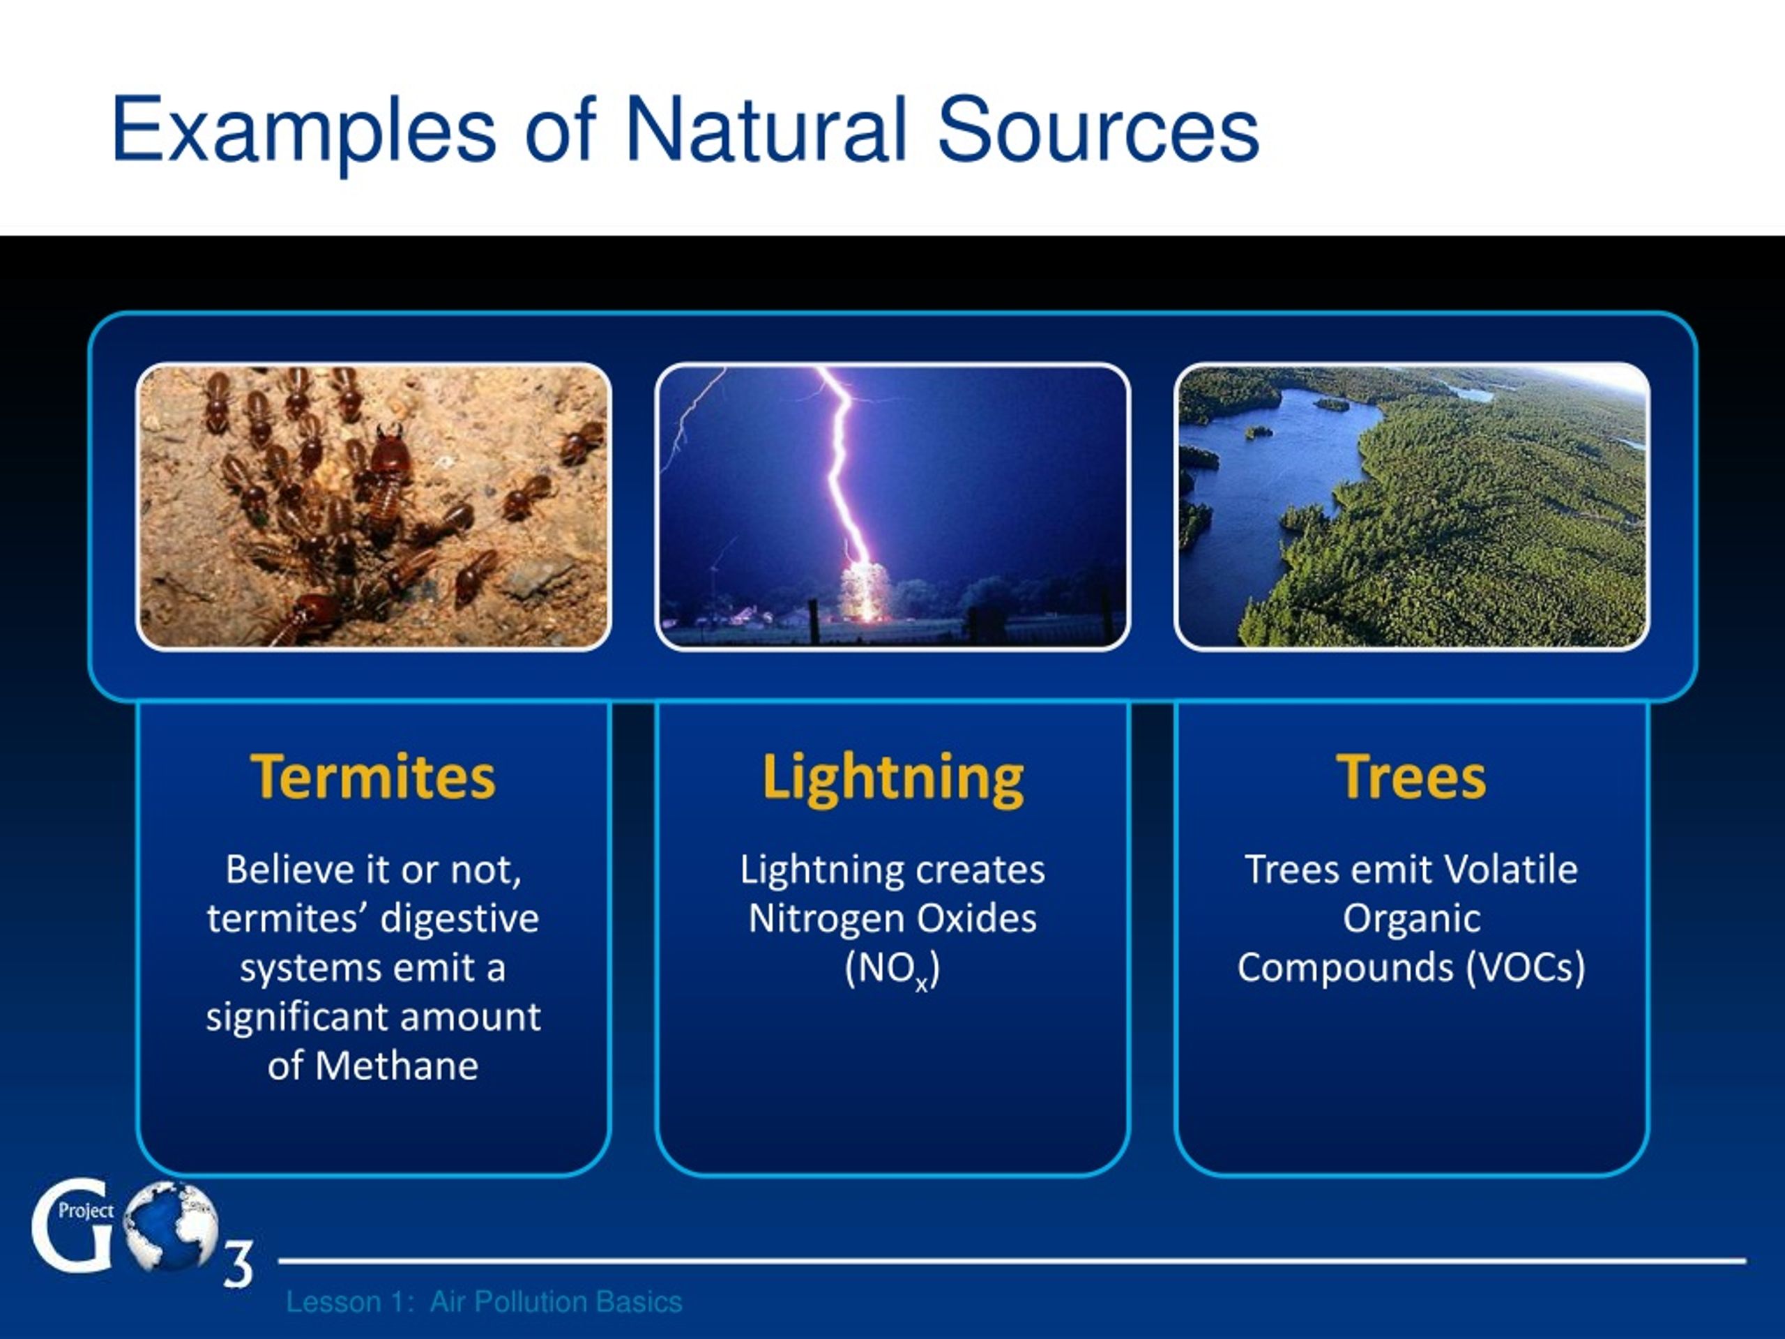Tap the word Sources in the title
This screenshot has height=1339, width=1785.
point(1097,129)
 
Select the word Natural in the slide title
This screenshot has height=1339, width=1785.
point(766,129)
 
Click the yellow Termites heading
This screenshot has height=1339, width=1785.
point(373,776)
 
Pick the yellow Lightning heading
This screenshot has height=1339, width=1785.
point(892,779)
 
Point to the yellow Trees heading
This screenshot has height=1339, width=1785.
point(1411,776)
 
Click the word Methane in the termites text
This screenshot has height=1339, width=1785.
point(397,1066)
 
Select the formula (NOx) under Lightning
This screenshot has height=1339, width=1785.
point(892,969)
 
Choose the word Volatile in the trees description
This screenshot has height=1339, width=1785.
point(1510,869)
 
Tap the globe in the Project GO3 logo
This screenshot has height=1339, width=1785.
point(171,1225)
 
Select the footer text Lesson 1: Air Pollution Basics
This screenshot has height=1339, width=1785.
point(484,1302)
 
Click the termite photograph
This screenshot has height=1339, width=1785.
point(374,507)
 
